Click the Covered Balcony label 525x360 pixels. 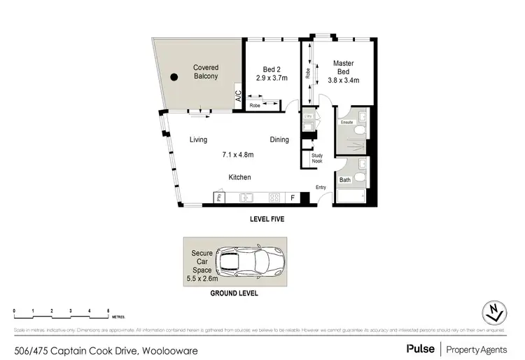[x=205, y=72]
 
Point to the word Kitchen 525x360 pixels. [x=239, y=177]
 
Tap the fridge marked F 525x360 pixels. [x=291, y=198]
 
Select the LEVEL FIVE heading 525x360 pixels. [x=267, y=219]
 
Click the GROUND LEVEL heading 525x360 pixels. [x=234, y=294]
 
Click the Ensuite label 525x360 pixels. [x=346, y=123]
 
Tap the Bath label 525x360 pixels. [x=345, y=180]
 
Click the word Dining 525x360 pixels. [x=279, y=140]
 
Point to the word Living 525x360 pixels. [x=198, y=140]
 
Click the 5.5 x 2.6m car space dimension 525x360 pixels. [x=202, y=278]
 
